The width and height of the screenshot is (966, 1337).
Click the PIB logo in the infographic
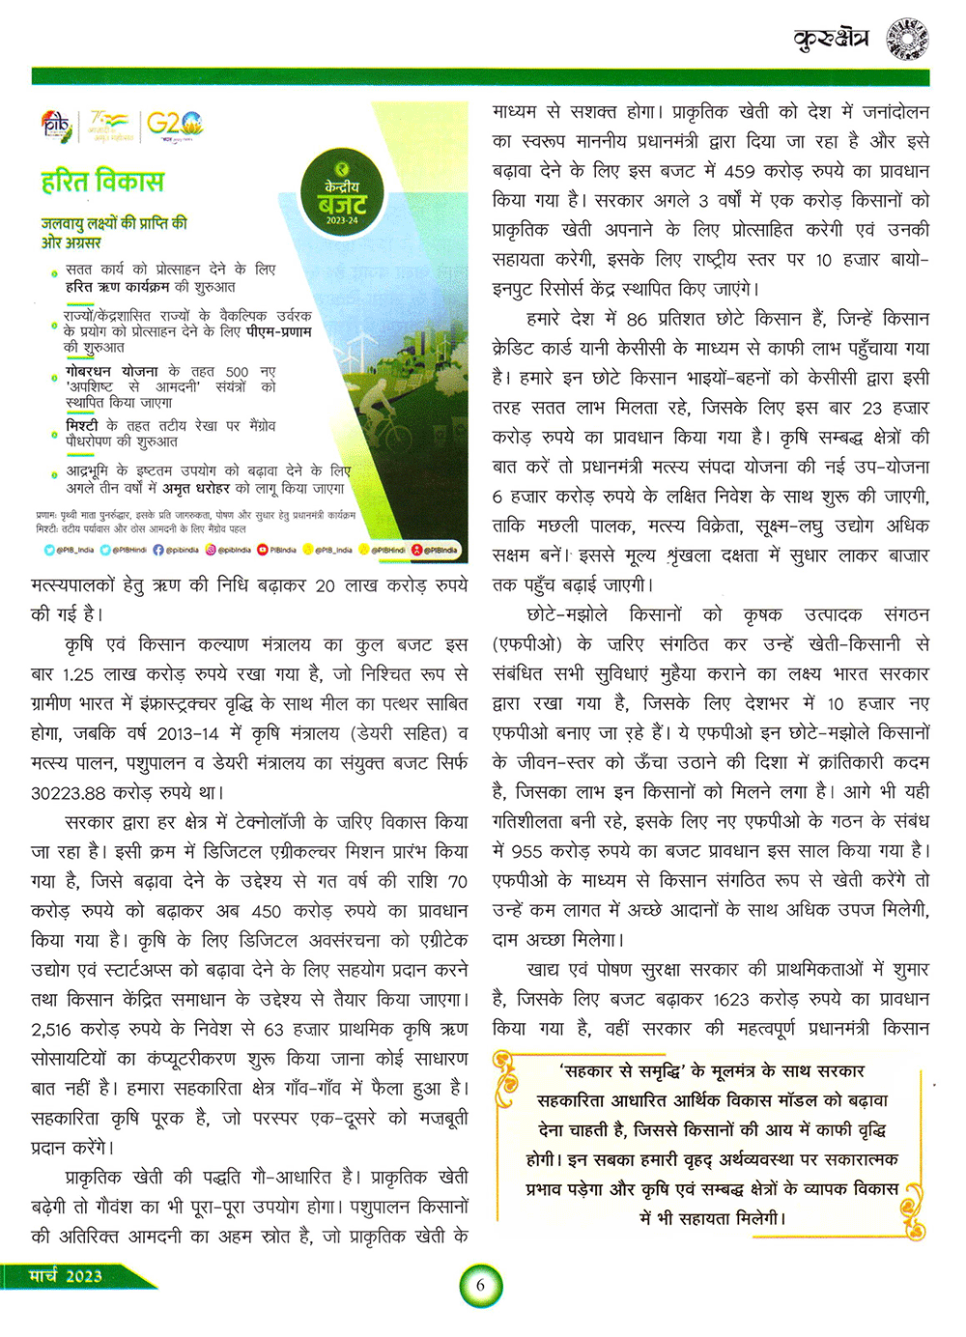(x=56, y=124)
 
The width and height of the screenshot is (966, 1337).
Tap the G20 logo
(x=174, y=124)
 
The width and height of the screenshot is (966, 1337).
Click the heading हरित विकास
(x=101, y=182)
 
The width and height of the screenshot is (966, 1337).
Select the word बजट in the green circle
(x=342, y=204)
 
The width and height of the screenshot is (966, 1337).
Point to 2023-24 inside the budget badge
(x=342, y=221)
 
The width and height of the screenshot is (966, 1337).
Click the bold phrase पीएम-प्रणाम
(x=279, y=331)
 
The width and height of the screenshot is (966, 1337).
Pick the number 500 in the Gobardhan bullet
(x=236, y=372)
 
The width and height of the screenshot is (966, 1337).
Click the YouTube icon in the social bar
(x=262, y=550)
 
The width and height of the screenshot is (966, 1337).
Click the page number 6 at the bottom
(x=480, y=1286)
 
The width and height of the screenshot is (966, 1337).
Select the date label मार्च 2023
(x=65, y=1276)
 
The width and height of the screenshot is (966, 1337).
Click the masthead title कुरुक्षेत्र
(x=830, y=39)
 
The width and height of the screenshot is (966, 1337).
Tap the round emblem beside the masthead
(x=906, y=39)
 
